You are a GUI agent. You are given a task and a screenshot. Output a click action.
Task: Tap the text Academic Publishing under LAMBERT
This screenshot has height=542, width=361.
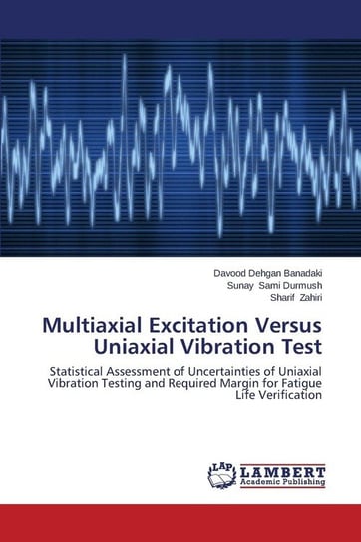(282, 483)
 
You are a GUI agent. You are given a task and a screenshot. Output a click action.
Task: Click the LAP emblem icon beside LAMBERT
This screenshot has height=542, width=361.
(222, 476)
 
